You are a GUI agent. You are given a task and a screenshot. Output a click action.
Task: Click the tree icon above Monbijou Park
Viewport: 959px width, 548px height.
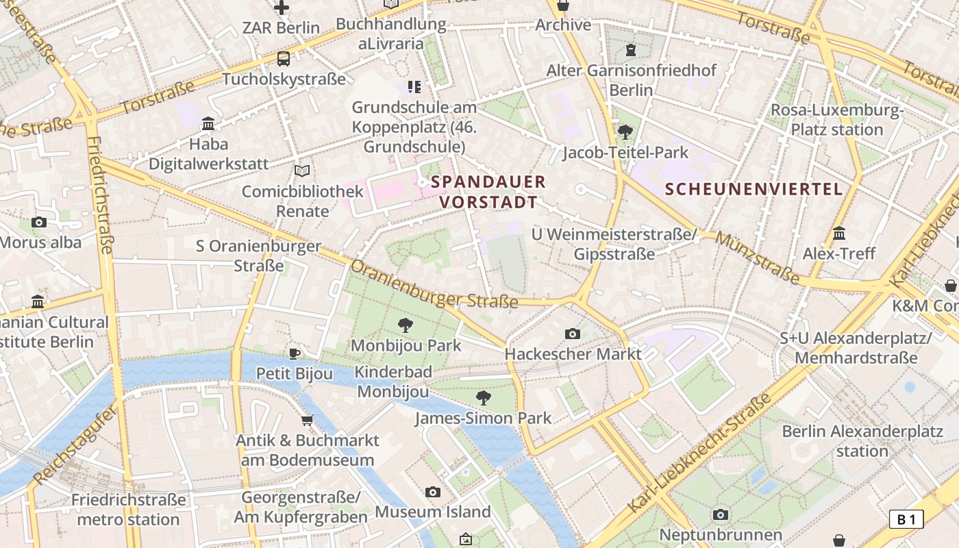(405, 325)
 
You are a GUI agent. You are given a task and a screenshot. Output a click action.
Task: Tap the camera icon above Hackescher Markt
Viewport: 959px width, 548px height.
(573, 334)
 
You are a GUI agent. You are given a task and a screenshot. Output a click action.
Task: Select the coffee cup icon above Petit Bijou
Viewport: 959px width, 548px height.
(295, 353)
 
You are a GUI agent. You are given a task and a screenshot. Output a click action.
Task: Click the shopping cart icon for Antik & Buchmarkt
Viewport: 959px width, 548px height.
(308, 420)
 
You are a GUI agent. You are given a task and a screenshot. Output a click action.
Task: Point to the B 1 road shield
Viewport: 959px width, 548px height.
(906, 519)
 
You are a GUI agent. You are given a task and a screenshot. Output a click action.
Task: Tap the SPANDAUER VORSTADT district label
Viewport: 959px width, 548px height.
(488, 192)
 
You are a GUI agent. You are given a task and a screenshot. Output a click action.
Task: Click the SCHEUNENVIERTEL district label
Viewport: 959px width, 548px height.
(754, 189)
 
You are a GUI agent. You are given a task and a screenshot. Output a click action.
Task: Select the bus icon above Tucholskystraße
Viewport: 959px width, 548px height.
(284, 59)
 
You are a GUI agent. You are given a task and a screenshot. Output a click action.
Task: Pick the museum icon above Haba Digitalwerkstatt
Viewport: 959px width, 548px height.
(208, 124)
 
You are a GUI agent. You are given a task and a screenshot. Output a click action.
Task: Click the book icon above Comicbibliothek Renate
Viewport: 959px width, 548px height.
(302, 171)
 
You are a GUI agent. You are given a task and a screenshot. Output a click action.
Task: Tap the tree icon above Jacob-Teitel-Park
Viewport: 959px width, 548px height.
(625, 132)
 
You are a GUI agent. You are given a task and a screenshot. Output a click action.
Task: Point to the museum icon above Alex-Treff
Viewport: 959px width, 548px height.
(839, 234)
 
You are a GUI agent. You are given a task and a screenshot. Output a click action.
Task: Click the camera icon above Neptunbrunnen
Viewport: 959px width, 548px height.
(720, 514)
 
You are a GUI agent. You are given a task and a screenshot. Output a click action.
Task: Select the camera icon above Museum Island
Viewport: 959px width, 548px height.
(432, 492)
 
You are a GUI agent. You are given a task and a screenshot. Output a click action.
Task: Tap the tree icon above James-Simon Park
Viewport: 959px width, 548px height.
(484, 397)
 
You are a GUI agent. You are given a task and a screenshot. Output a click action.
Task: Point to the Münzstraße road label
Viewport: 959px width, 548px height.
(757, 258)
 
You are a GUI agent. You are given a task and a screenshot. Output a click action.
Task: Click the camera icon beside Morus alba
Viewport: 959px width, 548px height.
(39, 222)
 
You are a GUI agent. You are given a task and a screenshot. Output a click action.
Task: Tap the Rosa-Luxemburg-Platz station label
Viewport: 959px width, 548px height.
(837, 120)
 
